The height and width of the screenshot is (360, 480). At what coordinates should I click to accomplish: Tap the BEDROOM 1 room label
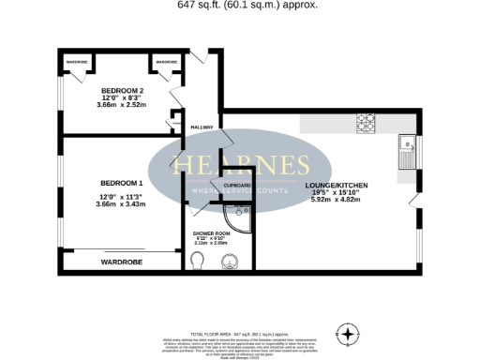(121, 182)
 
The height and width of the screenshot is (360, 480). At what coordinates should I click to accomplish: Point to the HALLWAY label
(202, 127)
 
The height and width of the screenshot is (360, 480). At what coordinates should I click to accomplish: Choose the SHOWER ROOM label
(210, 232)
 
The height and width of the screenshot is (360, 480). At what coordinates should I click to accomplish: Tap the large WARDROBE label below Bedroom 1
(122, 262)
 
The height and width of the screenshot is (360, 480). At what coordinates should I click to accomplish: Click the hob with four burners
(366, 121)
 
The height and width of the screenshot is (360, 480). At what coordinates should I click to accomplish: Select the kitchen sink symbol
(409, 144)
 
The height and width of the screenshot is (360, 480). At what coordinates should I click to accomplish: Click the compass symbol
(349, 333)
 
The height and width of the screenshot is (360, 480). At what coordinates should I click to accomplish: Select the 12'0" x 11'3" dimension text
(121, 196)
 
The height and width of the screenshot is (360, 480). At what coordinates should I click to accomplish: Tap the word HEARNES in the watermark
(239, 167)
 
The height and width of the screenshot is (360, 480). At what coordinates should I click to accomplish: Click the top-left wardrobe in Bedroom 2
(76, 62)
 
